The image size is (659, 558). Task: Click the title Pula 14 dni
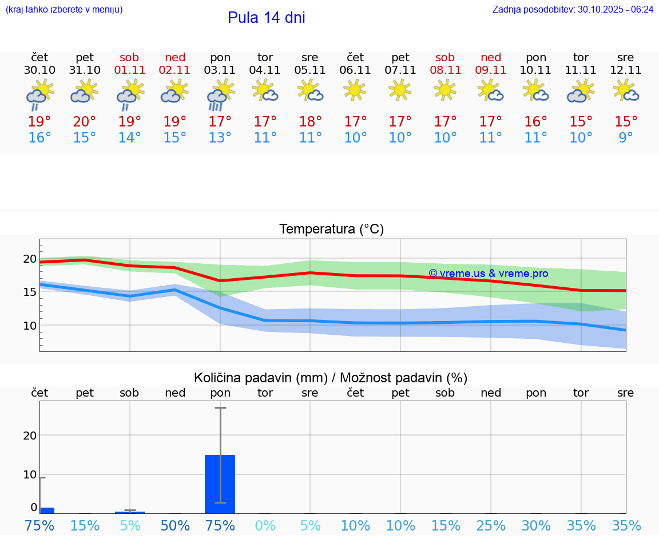[266, 18]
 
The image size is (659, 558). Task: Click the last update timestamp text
[573, 10]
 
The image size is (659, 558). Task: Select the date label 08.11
[445, 70]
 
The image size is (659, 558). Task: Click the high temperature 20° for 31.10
[85, 122]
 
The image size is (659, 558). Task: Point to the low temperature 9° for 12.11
[626, 138]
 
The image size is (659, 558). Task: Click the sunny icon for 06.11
[355, 90]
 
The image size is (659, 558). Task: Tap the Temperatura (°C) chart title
[331, 229]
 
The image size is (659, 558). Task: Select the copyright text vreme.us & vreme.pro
[488, 274]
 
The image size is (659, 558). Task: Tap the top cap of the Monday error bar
[220, 407]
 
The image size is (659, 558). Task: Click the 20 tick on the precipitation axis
[30, 435]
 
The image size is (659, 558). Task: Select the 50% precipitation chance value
[175, 526]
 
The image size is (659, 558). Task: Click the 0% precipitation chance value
[265, 526]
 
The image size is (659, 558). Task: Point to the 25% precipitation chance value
[490, 526]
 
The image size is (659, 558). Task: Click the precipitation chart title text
[331, 378]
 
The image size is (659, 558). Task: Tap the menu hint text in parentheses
[64, 10]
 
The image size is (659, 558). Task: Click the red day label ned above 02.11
[175, 57]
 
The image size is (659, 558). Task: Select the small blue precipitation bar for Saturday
[130, 512]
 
